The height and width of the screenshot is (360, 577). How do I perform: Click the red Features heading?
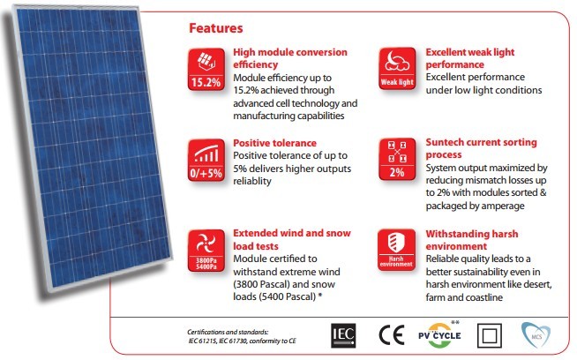coord(215,28)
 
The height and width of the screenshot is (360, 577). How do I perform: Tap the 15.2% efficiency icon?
coord(206,69)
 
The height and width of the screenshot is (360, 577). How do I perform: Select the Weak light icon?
coord(397,69)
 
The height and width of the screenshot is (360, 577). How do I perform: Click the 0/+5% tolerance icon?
coord(206,160)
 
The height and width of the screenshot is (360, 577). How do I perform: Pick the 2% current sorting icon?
coord(397,160)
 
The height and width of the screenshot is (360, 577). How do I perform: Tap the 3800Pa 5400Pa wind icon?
coord(206,251)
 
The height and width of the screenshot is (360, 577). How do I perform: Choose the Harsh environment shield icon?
coord(396,250)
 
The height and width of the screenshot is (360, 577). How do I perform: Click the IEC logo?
coord(343,335)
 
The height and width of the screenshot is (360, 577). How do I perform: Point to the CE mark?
coord(392,335)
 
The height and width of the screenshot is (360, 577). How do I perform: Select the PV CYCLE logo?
coord(439,335)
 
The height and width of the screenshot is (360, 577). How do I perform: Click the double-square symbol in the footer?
coord(489,335)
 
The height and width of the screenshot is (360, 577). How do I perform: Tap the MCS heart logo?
coord(536,335)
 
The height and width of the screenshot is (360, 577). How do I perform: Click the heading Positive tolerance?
coord(275,143)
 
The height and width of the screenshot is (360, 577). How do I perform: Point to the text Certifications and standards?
coord(228,332)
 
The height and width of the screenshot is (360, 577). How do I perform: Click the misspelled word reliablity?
coord(252,181)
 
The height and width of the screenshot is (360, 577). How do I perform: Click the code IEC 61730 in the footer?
coord(233,341)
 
